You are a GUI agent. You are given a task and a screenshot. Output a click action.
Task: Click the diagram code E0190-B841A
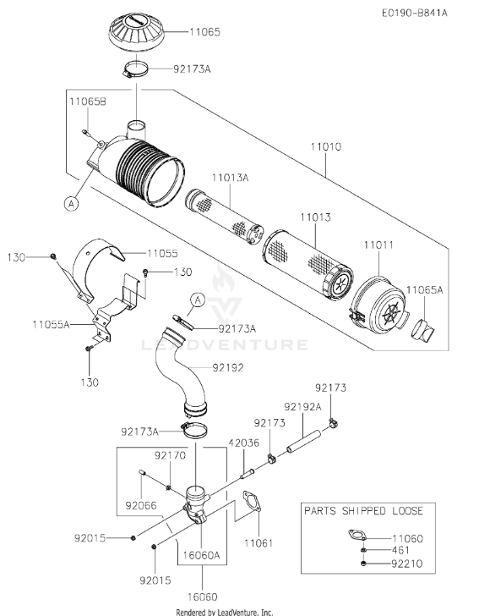[x=415, y=13]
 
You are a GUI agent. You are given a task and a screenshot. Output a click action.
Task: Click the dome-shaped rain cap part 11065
[x=136, y=32]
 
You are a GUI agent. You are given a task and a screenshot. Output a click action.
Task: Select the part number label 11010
[x=326, y=147]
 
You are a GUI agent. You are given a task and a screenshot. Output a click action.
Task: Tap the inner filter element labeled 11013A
[x=224, y=217]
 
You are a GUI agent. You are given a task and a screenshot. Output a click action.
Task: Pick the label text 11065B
[x=88, y=102]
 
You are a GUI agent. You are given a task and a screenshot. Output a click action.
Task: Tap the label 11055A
[x=51, y=325]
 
